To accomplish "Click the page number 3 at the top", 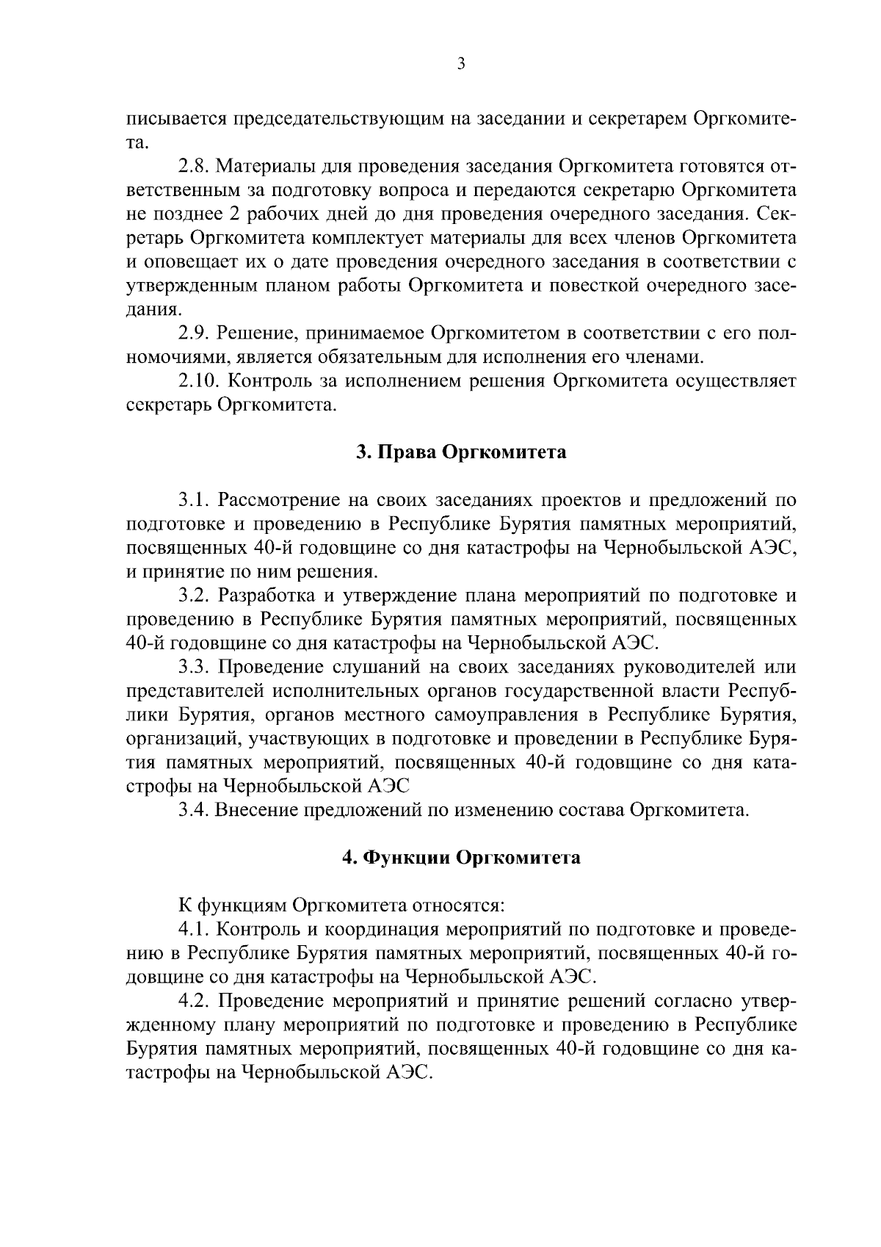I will [461, 64].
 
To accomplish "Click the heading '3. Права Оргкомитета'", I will [461, 452].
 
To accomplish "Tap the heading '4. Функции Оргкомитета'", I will [461, 858].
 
